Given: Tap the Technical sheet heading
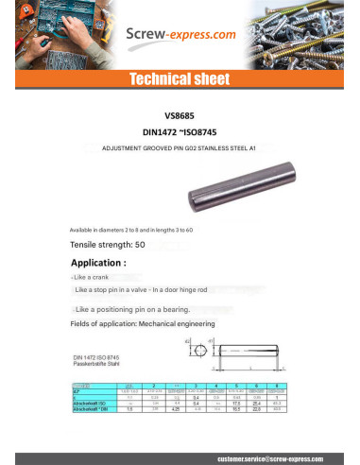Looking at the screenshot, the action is [179, 77].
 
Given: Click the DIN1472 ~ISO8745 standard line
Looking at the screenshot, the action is [180, 133].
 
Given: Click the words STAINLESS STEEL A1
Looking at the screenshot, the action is [233, 148].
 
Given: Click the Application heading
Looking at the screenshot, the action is [98, 262].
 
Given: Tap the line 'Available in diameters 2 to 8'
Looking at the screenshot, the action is [131, 230].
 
